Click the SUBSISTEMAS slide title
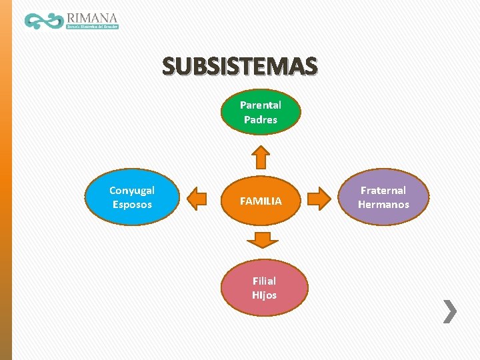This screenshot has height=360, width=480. pyautogui.click(x=240, y=66)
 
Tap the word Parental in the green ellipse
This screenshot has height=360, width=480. pyautogui.click(x=261, y=105)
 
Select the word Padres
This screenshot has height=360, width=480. pyautogui.click(x=261, y=120)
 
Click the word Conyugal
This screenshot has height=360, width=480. pyautogui.click(x=132, y=191)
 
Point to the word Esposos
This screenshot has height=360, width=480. pyautogui.click(x=132, y=205)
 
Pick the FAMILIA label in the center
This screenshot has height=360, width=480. pyautogui.click(x=261, y=201)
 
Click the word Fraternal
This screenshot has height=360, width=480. pyautogui.click(x=383, y=191)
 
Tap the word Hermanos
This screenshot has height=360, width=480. pyautogui.click(x=383, y=205)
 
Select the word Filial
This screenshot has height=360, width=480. pyautogui.click(x=264, y=281)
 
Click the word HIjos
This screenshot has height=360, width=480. pyautogui.click(x=264, y=295)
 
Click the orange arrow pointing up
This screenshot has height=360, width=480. pyautogui.click(x=261, y=157)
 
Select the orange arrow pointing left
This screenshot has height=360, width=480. pyautogui.click(x=197, y=198)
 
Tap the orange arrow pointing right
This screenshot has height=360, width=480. pyautogui.click(x=320, y=198)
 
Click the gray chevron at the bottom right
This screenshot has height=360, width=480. pyautogui.click(x=451, y=311)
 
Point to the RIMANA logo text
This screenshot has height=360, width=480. pyautogui.click(x=92, y=17)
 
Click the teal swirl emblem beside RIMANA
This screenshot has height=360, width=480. pyautogui.click(x=43, y=21)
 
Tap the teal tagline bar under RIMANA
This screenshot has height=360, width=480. pyautogui.click(x=92, y=27)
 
